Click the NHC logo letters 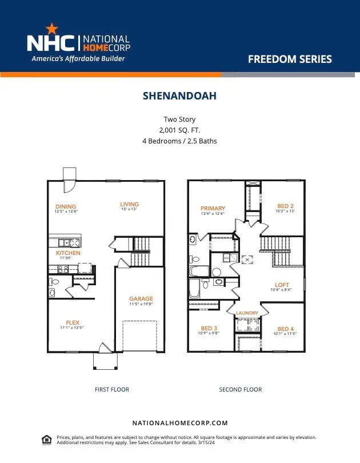tap(51, 43)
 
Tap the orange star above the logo tap(51, 27)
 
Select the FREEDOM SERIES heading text tap(290, 59)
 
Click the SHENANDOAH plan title tap(179, 96)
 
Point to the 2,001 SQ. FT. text tap(179, 130)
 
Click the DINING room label tap(66, 207)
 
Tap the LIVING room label tap(129, 204)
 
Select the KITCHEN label tap(68, 253)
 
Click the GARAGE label tap(141, 298)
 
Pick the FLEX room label tap(72, 322)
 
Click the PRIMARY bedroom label tap(213, 208)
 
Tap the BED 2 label tap(285, 206)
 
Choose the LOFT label tap(282, 285)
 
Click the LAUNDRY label tap(247, 313)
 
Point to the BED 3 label tap(209, 328)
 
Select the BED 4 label tap(286, 329)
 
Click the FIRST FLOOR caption tap(112, 389)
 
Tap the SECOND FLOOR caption tap(241, 389)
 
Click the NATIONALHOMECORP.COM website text tap(180, 423)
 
